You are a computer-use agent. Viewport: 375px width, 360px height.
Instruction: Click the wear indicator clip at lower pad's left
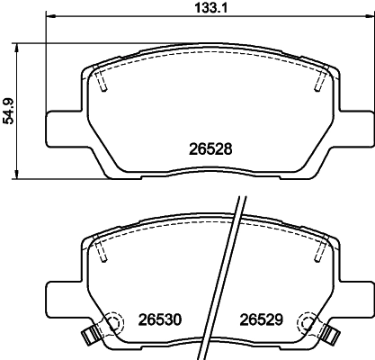(89, 337)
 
